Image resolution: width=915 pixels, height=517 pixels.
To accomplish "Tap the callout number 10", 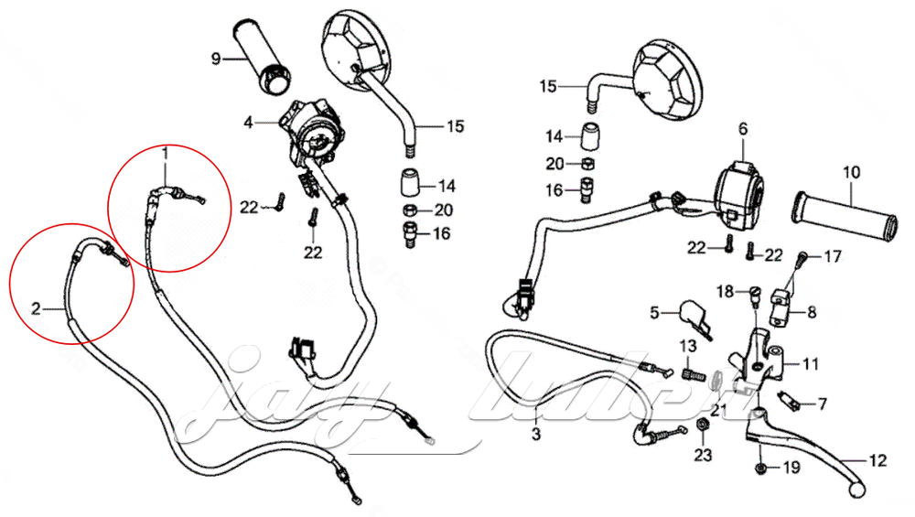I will tap(851, 171).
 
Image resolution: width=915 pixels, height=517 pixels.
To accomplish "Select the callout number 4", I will tap(248, 121).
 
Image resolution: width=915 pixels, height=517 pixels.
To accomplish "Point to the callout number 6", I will tap(742, 129).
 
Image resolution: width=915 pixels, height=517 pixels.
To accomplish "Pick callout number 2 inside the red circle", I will tap(35, 308).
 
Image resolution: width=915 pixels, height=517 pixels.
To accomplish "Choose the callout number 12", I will tap(877, 462).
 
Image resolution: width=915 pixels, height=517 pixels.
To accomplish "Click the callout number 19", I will tap(789, 469).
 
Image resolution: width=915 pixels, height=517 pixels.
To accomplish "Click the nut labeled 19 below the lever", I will tap(761, 469).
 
